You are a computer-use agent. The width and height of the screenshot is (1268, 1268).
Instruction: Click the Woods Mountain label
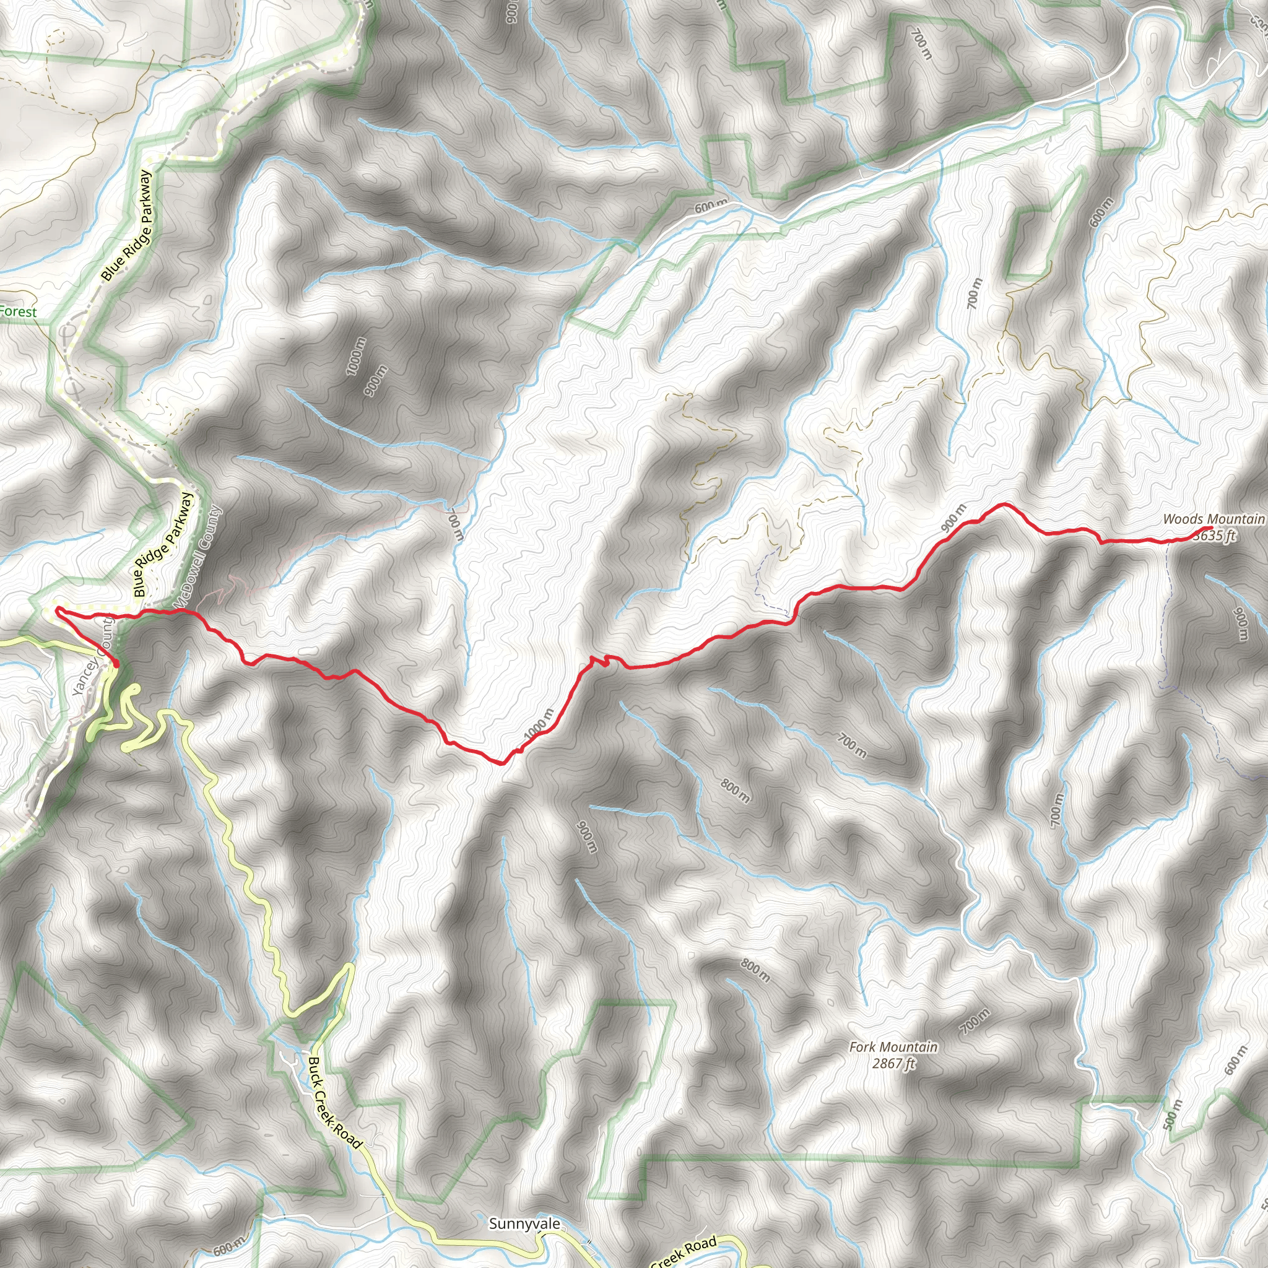tap(1213, 518)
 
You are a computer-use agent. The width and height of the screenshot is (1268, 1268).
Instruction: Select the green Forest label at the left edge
tap(19, 312)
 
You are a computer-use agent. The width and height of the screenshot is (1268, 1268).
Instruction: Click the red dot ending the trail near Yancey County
tap(116, 665)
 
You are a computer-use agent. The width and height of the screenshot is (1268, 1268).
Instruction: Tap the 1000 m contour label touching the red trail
tap(539, 724)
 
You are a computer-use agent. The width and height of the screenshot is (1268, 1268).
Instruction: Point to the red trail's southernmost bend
tap(502, 763)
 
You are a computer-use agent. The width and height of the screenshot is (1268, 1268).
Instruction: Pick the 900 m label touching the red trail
tap(953, 518)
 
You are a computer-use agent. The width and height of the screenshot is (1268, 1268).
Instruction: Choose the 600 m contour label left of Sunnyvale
tap(230, 1249)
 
